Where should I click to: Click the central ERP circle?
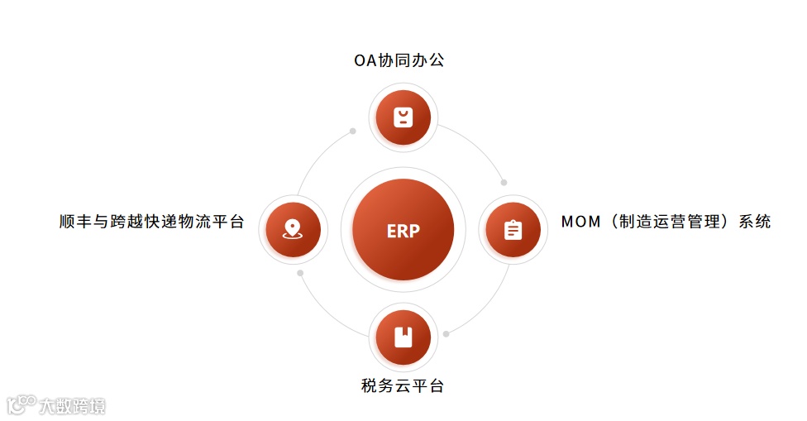[x=403, y=229]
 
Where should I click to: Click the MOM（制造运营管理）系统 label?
[x=666, y=222]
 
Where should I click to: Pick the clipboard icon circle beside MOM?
[x=513, y=229]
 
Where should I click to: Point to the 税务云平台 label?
[x=403, y=385]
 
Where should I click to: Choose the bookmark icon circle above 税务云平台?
[x=403, y=337]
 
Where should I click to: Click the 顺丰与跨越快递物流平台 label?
[x=152, y=222]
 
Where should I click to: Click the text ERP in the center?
[x=403, y=231]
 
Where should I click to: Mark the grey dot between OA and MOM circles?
[x=504, y=182]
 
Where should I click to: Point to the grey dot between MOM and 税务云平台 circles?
[x=446, y=333]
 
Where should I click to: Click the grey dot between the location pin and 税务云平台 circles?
[x=300, y=273]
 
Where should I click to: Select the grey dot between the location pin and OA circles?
[x=352, y=131]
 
